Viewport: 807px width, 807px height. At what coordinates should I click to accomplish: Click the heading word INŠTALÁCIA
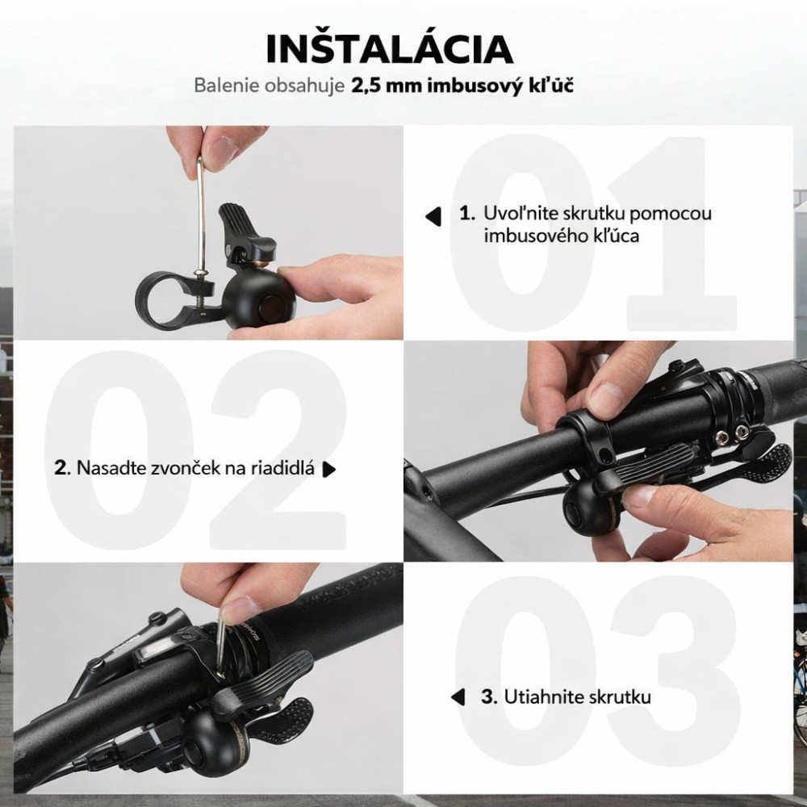coord(390,49)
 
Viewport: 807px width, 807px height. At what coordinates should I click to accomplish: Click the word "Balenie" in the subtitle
coord(226,86)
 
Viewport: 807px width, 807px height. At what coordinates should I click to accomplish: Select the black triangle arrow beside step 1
coord(433,216)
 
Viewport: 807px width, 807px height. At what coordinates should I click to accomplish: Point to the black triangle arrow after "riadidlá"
coord(329,470)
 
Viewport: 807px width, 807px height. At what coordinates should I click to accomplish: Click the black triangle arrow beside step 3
coord(458,697)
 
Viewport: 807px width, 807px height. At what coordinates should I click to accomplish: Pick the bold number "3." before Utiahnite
coord(489,697)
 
